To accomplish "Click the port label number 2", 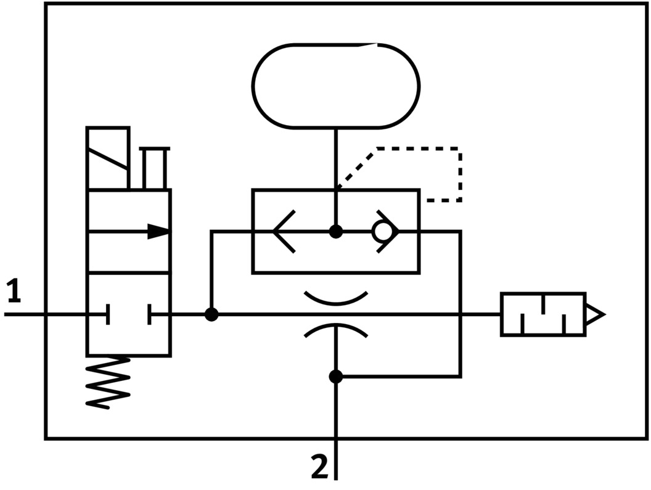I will click(x=319, y=467).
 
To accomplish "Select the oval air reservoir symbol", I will click(x=336, y=86).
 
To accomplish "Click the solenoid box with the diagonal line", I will click(x=108, y=158).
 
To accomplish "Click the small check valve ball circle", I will click(x=382, y=232).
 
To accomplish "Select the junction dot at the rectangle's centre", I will click(x=336, y=232).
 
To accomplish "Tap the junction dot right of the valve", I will click(x=211, y=314).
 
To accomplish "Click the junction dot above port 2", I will click(x=336, y=376).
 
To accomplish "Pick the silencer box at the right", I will click(x=542, y=314).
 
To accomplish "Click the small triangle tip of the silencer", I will click(x=596, y=314).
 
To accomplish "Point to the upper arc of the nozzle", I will click(x=336, y=300).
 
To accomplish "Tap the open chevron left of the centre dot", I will click(x=284, y=232).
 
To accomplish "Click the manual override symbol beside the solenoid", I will click(x=154, y=168).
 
